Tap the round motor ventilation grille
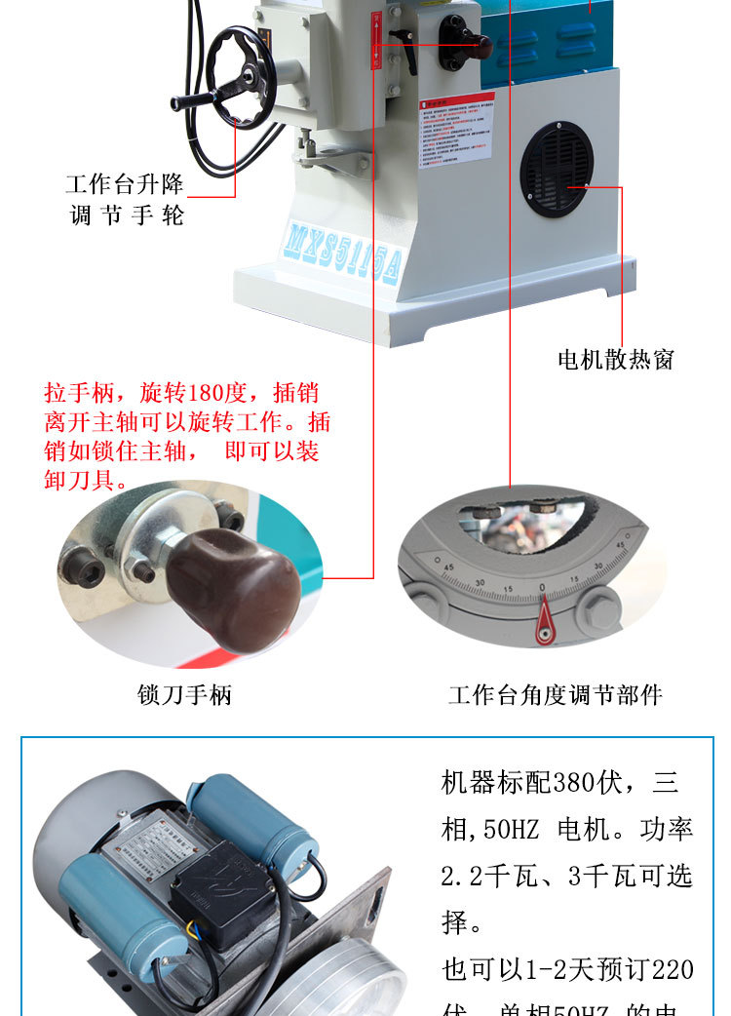[x=557, y=169]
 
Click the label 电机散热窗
[x=616, y=360]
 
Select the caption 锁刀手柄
[x=184, y=695]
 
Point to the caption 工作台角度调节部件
[x=555, y=695]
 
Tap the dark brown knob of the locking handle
[x=234, y=589]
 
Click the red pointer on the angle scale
[x=543, y=621]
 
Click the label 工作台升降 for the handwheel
[x=124, y=184]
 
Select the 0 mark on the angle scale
[x=542, y=588]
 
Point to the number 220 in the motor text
[x=673, y=969]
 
